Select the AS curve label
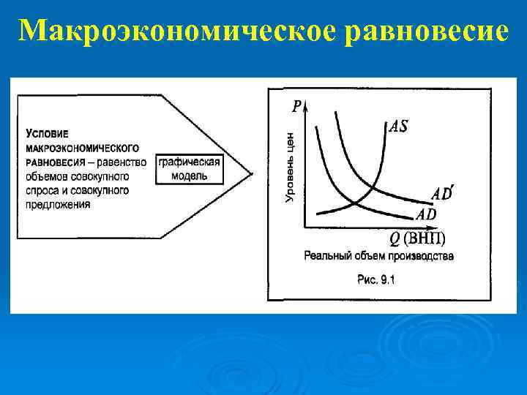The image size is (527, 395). click(398, 127)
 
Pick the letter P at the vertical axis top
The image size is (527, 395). click(296, 107)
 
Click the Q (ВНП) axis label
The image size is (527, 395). click(416, 238)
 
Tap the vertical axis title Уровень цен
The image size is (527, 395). click(290, 168)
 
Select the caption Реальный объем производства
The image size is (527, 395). click(378, 256)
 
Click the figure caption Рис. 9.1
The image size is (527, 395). click(375, 279)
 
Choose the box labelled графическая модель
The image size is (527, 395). click(188, 168)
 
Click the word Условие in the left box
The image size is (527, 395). click(47, 134)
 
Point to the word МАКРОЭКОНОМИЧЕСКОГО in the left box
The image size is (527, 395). click(83, 148)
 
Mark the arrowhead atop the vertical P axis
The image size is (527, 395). click(305, 108)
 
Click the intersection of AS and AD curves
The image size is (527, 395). click(354, 203)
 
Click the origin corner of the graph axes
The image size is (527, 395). click(305, 226)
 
